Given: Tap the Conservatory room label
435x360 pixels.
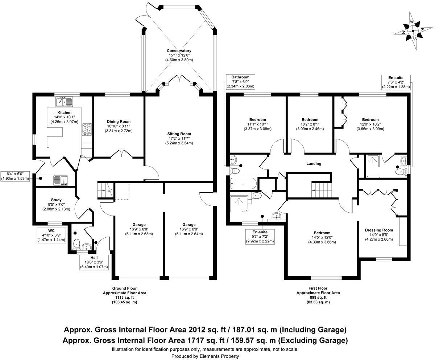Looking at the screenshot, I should pos(179,51).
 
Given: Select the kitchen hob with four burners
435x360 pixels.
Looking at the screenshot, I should pos(87,129).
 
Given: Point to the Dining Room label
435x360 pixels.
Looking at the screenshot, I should pos(119,122).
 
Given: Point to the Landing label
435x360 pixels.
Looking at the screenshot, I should pos(314,164).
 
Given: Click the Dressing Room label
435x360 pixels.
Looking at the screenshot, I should pos(379,230).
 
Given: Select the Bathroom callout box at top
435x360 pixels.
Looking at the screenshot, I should pos(241,82).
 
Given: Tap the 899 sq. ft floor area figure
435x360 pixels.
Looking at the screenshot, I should pos(318,297).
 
